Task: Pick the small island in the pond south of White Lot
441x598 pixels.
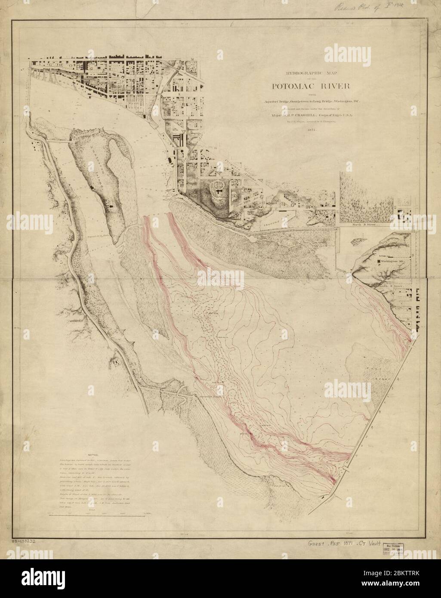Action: point(360,240)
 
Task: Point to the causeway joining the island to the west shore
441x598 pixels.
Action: point(58,141)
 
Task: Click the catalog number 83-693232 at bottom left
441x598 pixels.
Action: point(24,541)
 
